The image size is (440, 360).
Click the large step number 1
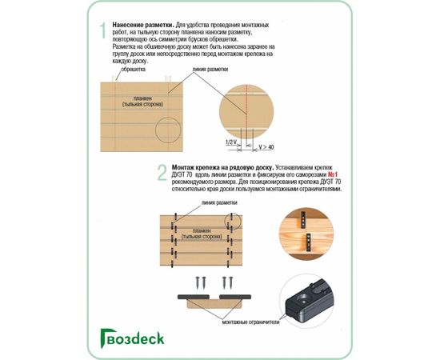(103, 30)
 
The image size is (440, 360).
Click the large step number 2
(162, 172)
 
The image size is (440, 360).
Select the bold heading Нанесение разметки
(143, 25)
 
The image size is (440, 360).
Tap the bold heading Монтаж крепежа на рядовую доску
(223, 167)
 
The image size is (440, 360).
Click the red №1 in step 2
(332, 174)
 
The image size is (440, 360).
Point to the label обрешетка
(133, 69)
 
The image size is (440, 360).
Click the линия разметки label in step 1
(210, 69)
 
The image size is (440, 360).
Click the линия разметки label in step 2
(219, 202)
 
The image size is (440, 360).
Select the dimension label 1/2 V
(231, 142)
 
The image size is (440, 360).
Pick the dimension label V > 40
(266, 147)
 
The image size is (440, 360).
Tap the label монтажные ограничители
(250, 322)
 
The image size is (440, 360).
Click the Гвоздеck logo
(132, 338)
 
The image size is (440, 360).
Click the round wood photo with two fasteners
(306, 234)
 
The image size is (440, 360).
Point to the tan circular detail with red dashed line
(246, 111)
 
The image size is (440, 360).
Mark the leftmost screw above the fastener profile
(198, 282)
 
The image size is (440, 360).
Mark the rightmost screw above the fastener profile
(230, 282)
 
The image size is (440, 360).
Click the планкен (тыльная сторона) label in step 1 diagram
(142, 102)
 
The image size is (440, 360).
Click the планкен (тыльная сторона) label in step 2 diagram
(202, 234)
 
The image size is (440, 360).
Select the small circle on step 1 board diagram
(168, 130)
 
